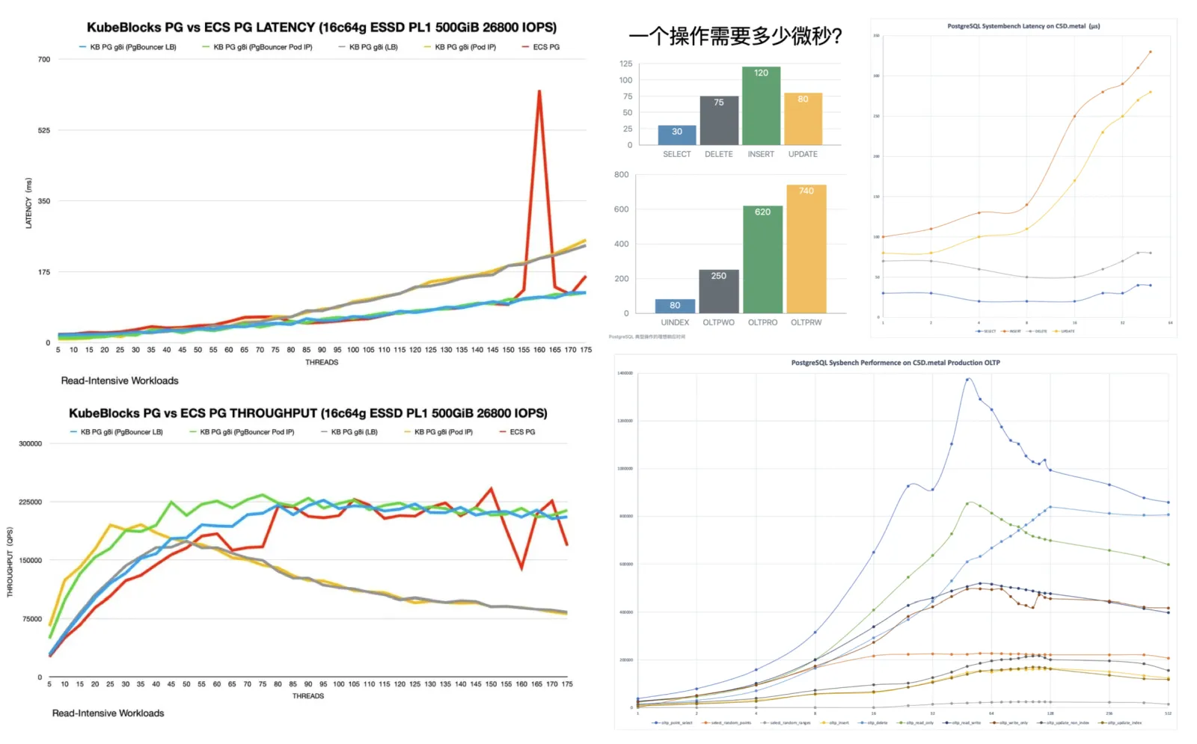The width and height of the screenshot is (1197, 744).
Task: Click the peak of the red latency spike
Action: (x=539, y=92)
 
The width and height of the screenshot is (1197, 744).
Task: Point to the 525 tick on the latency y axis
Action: (x=44, y=130)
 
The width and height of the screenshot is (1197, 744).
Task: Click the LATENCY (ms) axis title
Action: (x=28, y=203)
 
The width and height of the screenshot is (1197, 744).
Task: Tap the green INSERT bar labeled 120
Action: (x=761, y=105)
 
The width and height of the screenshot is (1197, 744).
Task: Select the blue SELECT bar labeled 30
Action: (x=676, y=135)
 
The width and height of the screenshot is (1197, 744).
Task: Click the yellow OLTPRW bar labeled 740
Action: (x=806, y=248)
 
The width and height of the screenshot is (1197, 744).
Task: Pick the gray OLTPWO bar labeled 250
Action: (x=718, y=291)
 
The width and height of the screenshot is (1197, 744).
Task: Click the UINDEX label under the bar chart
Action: (x=675, y=322)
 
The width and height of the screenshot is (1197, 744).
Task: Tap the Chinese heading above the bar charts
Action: (x=735, y=36)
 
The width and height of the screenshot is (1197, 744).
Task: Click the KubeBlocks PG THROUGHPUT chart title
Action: (x=307, y=413)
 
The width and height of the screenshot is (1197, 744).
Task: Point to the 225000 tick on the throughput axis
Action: (x=30, y=502)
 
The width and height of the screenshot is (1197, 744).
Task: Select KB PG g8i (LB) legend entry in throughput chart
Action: (x=354, y=432)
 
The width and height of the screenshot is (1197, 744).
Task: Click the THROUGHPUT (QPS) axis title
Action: (x=10, y=562)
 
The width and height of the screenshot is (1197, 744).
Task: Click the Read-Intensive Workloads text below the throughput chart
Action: (x=108, y=713)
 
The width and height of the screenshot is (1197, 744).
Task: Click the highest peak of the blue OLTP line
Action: (x=968, y=379)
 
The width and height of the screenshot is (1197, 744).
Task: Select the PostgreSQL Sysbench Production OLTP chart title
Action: (x=896, y=363)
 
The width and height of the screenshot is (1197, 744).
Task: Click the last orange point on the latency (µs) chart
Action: (x=1150, y=52)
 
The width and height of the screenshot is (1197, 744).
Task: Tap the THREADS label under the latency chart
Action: (x=322, y=363)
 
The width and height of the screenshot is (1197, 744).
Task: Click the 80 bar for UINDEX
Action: (x=675, y=305)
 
